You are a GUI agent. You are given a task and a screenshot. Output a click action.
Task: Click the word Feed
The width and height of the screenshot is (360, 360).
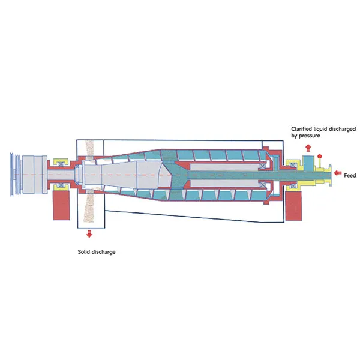pos(350,175)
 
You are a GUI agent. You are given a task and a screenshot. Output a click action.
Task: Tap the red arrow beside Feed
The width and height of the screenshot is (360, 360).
pos(337,173)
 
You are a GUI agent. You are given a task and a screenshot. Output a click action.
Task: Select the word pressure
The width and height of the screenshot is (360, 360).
pos(310,136)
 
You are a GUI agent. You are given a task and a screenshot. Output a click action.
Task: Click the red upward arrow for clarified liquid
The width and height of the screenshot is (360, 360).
pos(308,148)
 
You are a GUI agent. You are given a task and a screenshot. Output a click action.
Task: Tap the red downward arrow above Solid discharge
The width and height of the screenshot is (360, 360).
pos(89,233)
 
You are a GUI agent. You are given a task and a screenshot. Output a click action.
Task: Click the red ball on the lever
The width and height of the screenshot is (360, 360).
pos(319,157)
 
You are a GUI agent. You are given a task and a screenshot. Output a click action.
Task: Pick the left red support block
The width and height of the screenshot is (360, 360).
pos(61,205)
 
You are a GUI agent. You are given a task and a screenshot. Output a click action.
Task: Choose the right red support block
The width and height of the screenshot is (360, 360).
pos(293,206)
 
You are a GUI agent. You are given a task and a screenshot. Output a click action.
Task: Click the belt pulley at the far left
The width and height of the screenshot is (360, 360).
pos(15,175)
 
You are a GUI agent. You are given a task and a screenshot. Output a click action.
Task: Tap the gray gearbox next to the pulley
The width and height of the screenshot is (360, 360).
pos(35,174)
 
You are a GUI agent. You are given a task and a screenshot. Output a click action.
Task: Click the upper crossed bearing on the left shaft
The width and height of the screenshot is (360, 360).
pos(61,164)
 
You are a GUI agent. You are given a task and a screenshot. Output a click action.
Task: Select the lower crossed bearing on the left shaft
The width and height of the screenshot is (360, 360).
pos(61,185)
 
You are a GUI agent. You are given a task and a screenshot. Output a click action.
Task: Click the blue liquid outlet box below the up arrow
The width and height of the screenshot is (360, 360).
pos(308,163)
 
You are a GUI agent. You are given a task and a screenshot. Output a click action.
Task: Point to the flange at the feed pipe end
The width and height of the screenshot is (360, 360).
pos(330,176)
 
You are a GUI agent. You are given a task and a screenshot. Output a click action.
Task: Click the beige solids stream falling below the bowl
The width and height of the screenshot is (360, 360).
pos(90,205)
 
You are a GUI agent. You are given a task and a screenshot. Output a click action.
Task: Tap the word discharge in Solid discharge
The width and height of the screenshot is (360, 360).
pos(103,252)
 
